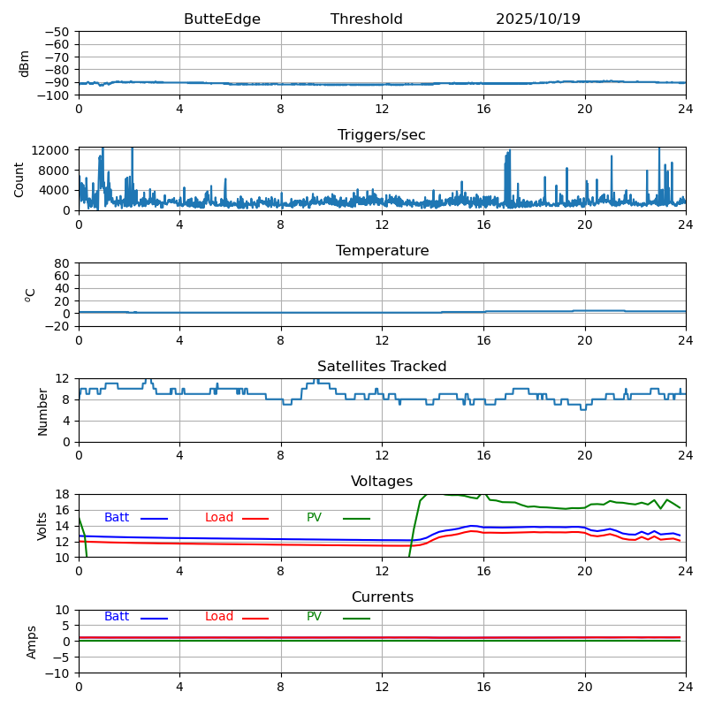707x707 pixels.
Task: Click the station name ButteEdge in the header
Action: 222,19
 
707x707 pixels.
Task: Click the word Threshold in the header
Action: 367,19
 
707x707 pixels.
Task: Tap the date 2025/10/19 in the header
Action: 538,19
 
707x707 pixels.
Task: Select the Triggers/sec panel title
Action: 382,135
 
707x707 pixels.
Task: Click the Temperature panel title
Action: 382,251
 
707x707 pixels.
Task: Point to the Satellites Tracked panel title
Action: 382,367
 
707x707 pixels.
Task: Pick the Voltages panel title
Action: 382,482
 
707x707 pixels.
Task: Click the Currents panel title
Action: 382,597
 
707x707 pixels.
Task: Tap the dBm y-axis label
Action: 25,64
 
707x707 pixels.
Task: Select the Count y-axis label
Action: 19,179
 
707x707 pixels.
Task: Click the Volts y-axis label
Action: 42,526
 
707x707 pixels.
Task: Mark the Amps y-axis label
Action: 32,642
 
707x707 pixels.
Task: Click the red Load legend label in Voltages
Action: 219,518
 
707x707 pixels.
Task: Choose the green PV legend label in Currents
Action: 315,617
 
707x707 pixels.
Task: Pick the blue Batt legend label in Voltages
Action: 117,518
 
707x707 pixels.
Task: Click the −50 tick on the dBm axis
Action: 57,32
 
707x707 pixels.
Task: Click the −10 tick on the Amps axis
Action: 57,673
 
